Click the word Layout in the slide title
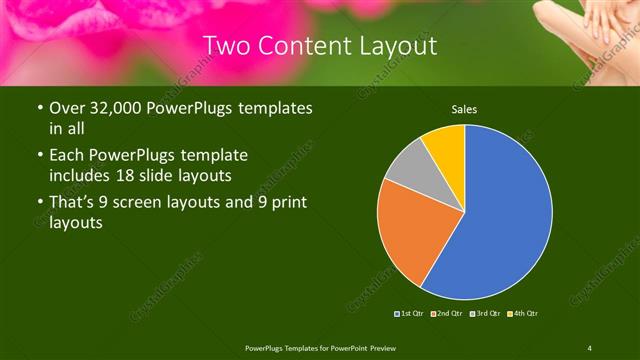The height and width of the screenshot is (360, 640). (394, 45)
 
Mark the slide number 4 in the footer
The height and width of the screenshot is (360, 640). (590, 347)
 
